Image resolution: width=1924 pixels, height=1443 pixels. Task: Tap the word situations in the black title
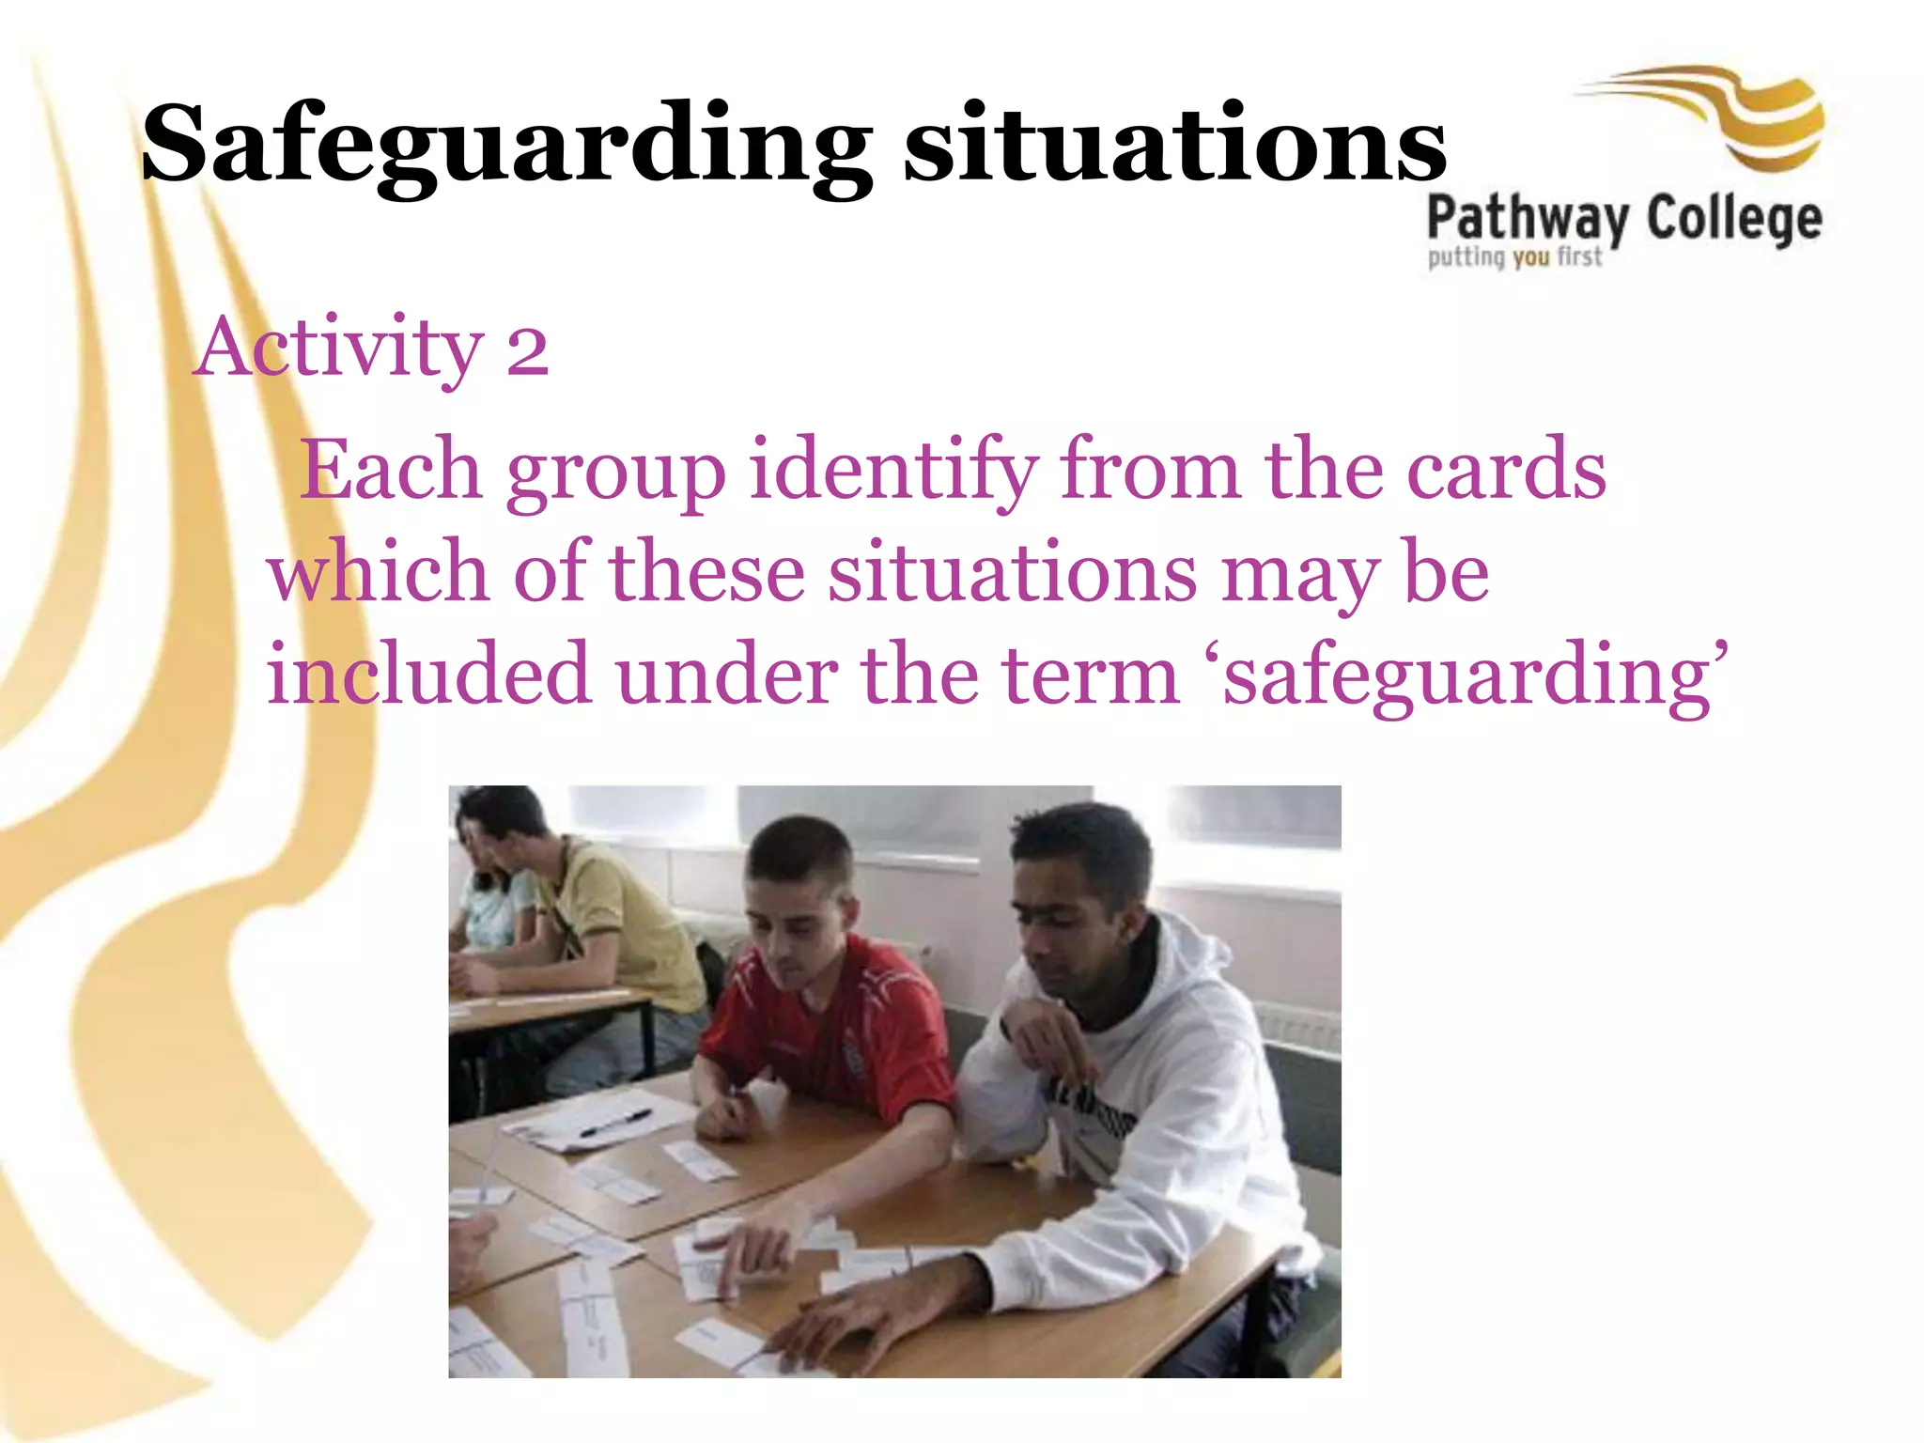1174,146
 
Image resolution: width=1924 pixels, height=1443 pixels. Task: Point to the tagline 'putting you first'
1514,256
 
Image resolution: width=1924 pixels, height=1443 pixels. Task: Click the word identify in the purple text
892,470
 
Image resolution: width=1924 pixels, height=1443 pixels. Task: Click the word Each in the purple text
390,470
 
